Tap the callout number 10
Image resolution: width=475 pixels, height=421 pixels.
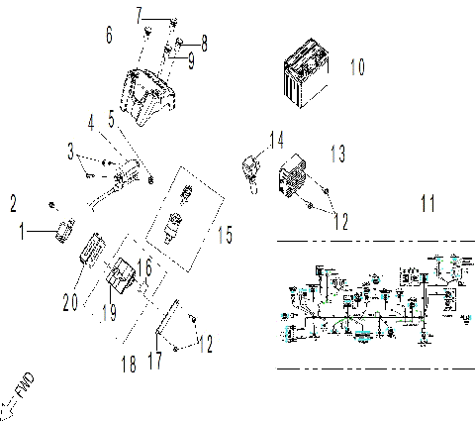(x=357, y=67)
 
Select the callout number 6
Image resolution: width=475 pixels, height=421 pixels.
(x=109, y=37)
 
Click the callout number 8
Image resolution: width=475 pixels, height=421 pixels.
(x=204, y=43)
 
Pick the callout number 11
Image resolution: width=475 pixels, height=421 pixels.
(x=427, y=205)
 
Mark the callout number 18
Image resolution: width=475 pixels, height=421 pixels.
(x=130, y=364)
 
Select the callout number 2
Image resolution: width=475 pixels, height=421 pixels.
(x=14, y=204)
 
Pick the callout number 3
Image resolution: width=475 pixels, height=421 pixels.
(x=70, y=153)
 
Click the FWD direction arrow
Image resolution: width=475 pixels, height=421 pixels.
(x=22, y=387)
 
